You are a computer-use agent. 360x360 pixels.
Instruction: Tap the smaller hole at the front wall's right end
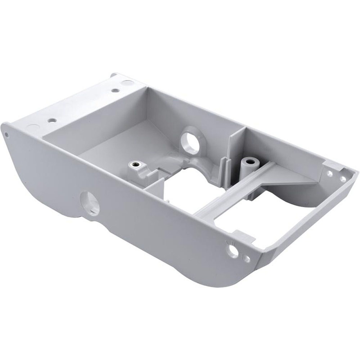247,258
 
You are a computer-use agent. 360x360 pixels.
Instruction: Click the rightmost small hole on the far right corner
343,178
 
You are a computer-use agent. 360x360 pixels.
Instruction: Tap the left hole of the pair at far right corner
329,173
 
